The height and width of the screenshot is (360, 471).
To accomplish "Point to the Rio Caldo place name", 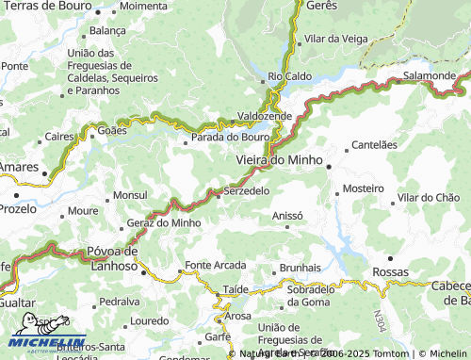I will pyautogui.click(x=289, y=76).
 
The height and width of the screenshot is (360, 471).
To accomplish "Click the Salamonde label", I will pyautogui.click(x=430, y=74).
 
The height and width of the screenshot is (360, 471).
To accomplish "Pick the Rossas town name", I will pyautogui.click(x=391, y=271).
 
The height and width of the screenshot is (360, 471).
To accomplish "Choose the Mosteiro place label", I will pyautogui.click(x=364, y=188).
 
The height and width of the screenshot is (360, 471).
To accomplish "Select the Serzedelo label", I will pyautogui.click(x=248, y=190).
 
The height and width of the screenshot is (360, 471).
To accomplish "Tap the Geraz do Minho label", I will pyautogui.click(x=164, y=222).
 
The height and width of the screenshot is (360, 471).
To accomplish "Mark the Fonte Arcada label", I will pyautogui.click(x=216, y=265).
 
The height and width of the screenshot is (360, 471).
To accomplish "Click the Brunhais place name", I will pyautogui.click(x=300, y=268).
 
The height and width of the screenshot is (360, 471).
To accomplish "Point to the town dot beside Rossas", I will pyautogui.click(x=391, y=256).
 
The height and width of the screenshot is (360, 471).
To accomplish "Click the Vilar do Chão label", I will pyautogui.click(x=429, y=198).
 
